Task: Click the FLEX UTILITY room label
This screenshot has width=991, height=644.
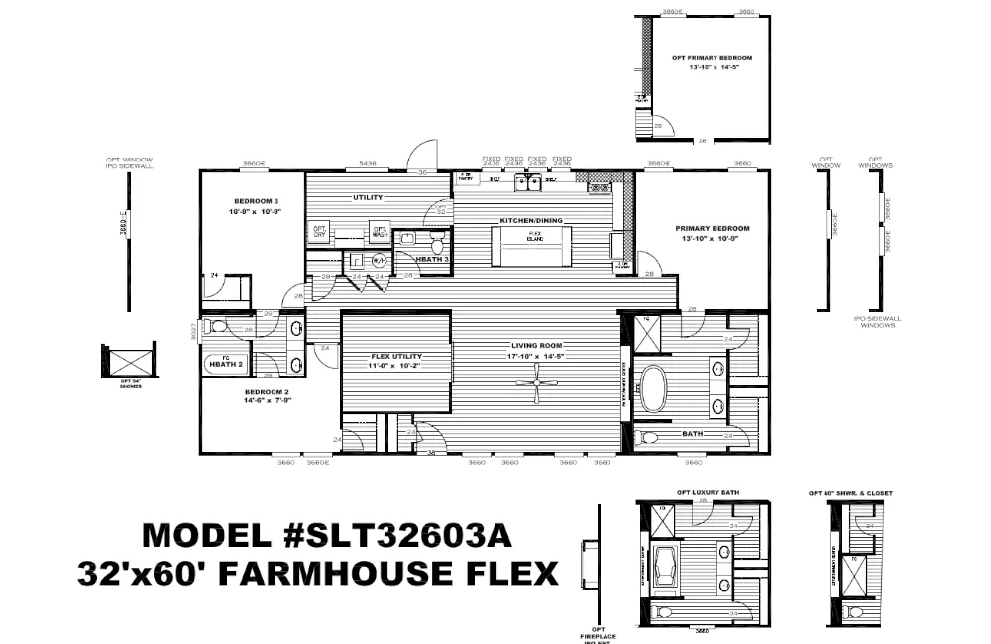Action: coord(395,356)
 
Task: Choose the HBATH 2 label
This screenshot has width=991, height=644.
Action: coord(226,365)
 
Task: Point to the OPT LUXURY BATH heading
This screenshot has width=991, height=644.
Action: coord(704,492)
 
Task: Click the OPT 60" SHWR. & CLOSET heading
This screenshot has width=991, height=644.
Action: coord(850,492)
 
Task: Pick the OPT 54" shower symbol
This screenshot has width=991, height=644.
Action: coord(129,361)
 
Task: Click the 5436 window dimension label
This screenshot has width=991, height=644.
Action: coord(368,163)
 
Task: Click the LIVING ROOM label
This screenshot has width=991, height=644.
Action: coord(537,345)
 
